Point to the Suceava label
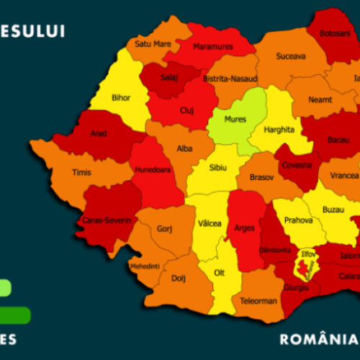pos(290,55)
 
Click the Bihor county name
pos(121,97)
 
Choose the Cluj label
pos(187,112)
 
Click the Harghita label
pos(279,130)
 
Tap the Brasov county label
pos(261,176)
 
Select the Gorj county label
pos(164,229)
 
